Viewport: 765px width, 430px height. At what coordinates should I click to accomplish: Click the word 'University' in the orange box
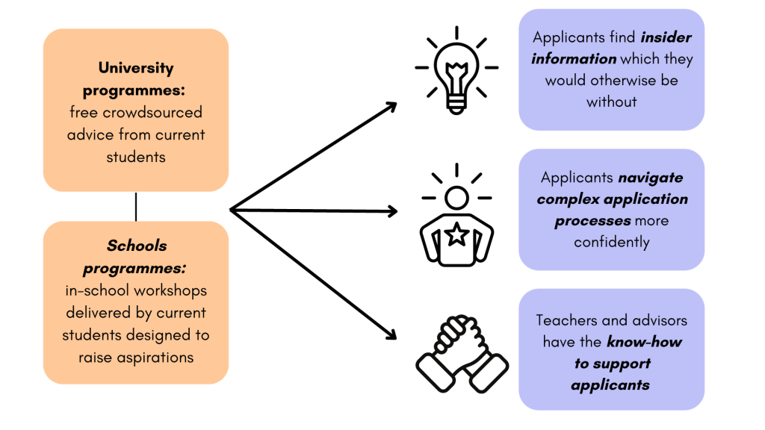click(x=136, y=68)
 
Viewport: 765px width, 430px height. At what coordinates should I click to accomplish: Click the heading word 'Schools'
click(x=137, y=246)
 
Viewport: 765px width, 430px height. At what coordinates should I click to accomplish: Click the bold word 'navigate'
click(x=650, y=178)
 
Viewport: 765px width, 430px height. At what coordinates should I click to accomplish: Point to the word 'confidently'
click(x=612, y=242)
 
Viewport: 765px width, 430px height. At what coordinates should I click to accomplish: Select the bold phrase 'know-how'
click(x=644, y=342)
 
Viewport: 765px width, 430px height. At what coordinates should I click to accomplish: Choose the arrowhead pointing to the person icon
click(x=391, y=211)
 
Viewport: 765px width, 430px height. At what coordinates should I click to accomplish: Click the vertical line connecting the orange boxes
click(x=136, y=207)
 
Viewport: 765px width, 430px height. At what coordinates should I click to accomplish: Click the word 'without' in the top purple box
click(x=612, y=102)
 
